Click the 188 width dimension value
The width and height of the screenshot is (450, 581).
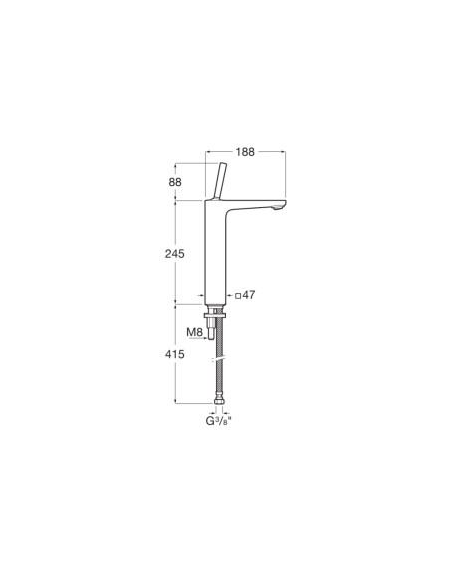[x=244, y=152]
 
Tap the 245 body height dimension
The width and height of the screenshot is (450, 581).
[x=176, y=253]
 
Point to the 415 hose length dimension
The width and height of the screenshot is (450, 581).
[x=176, y=351]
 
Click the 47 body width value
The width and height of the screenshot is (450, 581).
[x=250, y=296]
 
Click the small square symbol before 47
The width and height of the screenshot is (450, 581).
[x=240, y=296]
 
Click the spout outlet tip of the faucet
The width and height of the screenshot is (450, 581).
[x=278, y=208]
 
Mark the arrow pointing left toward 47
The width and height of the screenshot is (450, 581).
[x=232, y=296]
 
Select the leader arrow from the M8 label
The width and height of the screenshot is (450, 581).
[x=206, y=339]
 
